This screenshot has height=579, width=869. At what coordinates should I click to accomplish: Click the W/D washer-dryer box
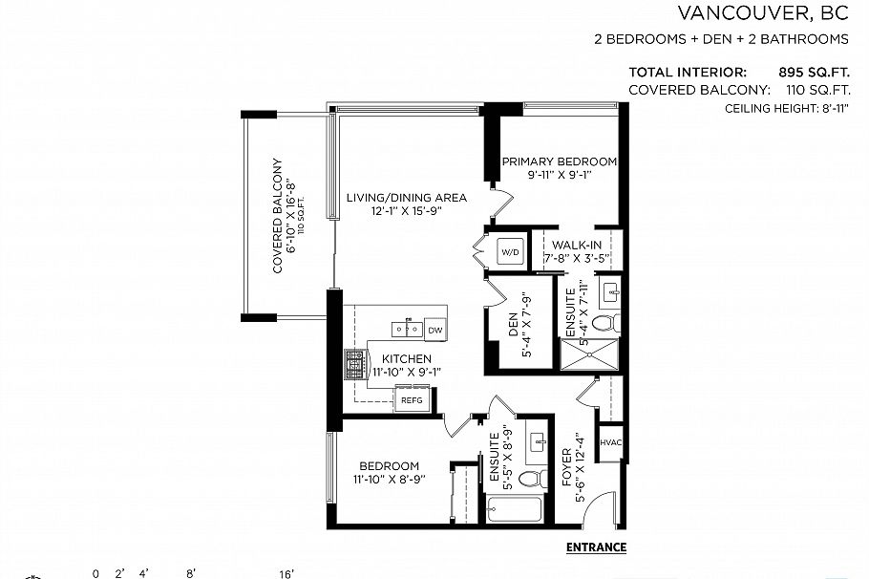tap(511, 252)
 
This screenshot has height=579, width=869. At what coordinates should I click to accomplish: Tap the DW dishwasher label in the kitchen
tap(434, 330)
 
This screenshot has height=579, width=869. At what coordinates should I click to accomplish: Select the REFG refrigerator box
tap(412, 400)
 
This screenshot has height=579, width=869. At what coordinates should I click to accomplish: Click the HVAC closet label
tap(610, 442)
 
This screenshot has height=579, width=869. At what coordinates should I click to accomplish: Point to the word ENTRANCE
tap(596, 547)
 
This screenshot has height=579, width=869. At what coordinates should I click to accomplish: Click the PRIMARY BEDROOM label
tap(560, 161)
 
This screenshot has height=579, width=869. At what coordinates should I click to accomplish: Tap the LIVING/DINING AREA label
tap(406, 198)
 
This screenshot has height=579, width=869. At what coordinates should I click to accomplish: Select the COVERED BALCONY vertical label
tap(278, 216)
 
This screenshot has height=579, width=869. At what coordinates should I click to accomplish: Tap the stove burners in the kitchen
tap(355, 363)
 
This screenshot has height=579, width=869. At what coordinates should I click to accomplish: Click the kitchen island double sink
tap(408, 330)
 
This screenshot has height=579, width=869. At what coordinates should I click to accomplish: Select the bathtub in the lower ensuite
tap(514, 508)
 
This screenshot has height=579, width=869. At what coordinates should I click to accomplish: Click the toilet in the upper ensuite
tap(604, 322)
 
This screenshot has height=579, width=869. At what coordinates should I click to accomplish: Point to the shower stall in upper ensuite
tap(589, 354)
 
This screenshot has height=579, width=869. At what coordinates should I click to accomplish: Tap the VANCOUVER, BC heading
tap(762, 13)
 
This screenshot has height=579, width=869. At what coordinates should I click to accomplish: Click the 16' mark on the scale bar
tap(286, 573)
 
